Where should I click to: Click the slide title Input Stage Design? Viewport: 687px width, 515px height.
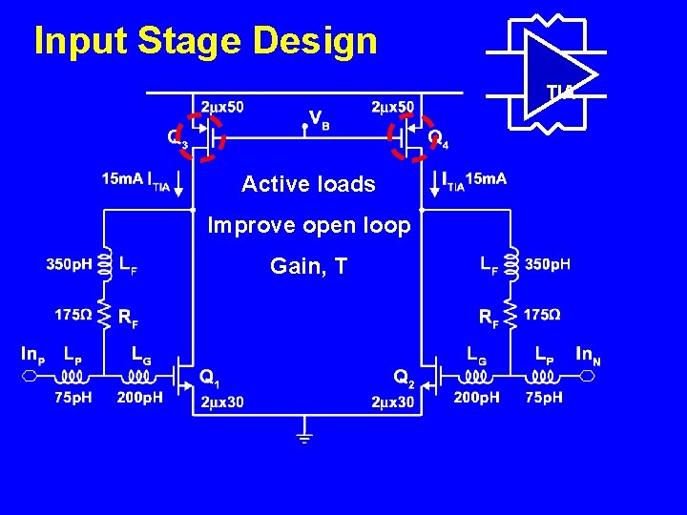pos(205,41)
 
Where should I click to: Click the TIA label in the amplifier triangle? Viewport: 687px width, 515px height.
pos(560,92)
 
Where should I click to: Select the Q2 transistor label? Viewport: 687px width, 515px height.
pos(406,378)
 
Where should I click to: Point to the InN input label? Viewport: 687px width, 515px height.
pos(589,354)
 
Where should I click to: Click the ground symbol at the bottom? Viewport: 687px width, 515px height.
pos(304,440)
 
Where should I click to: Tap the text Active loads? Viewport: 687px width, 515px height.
pos(308,184)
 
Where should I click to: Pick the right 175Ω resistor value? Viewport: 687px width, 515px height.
pos(542,314)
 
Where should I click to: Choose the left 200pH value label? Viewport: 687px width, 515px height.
pos(139,397)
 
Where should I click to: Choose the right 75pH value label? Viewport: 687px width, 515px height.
pos(544,397)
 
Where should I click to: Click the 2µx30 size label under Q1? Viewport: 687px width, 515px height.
pos(222,402)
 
